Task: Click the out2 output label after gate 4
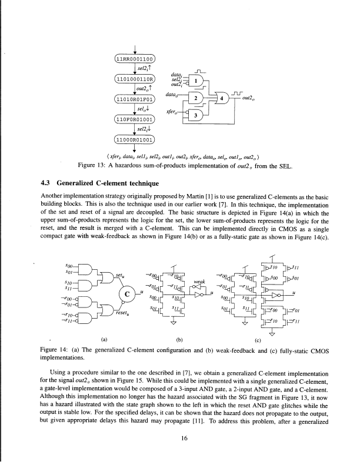pos(250,99)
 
